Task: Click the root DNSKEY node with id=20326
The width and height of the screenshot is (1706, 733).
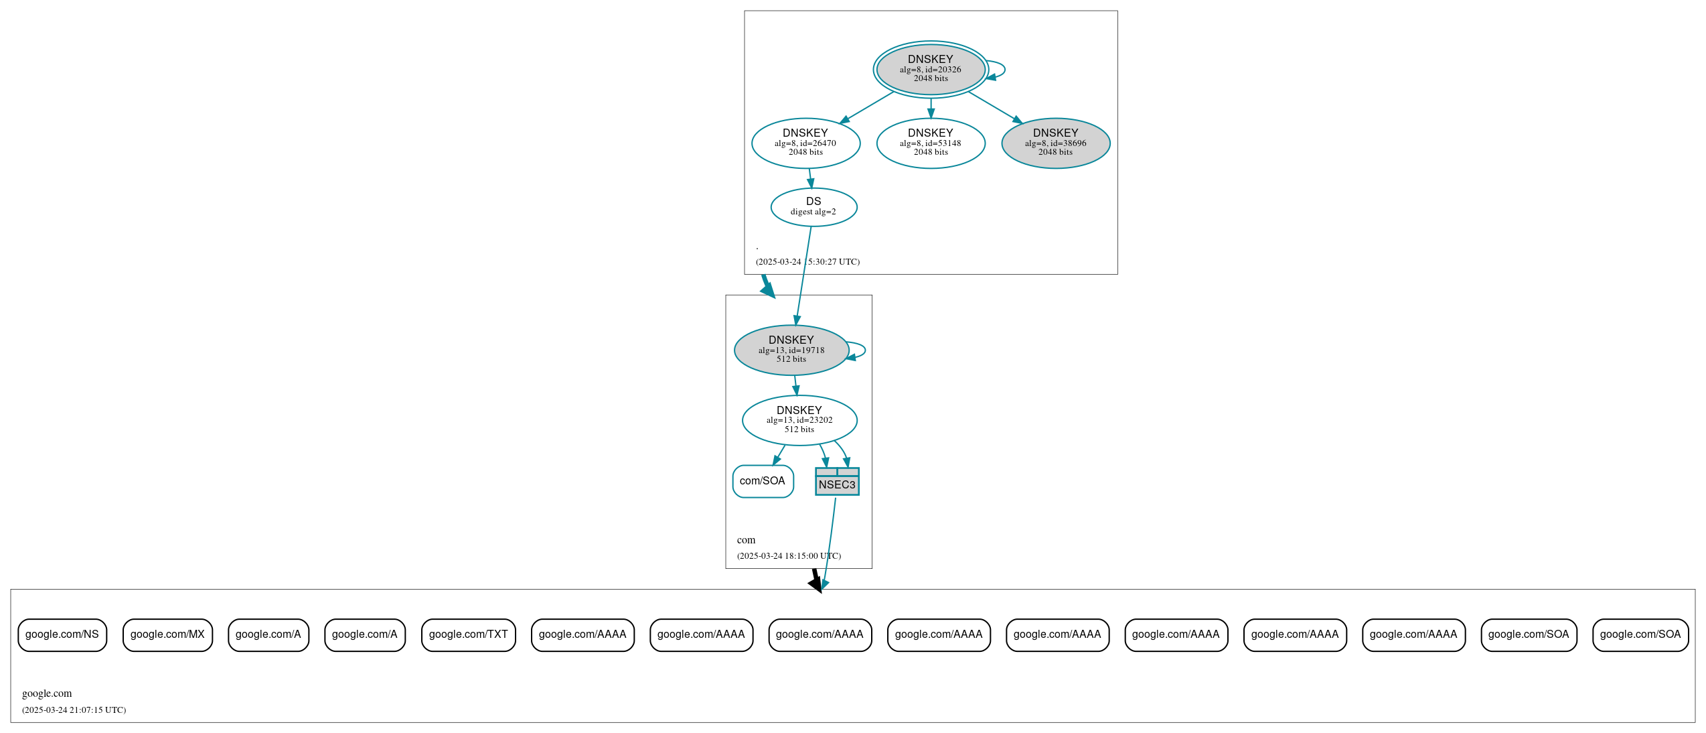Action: point(930,69)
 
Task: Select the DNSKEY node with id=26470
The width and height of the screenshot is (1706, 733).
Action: point(805,143)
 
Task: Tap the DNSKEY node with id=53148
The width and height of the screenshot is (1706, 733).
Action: point(930,143)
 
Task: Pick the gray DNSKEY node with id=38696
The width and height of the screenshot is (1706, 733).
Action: point(1055,143)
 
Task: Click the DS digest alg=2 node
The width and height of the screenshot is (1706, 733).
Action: point(813,206)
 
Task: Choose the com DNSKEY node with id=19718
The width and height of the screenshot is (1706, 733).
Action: point(791,350)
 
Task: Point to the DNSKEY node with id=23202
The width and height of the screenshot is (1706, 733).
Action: point(799,420)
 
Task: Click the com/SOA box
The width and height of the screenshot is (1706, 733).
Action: point(763,481)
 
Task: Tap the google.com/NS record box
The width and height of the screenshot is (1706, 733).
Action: point(62,635)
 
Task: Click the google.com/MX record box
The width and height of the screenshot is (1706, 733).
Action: point(167,635)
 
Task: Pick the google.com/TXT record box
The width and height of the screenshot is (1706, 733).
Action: point(468,635)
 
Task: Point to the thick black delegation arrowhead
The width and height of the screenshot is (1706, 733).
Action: point(816,584)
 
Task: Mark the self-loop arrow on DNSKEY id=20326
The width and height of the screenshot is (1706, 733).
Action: point(1000,70)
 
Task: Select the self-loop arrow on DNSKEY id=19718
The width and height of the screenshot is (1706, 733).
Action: point(860,350)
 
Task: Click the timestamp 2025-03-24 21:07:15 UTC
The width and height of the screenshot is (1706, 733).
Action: point(74,710)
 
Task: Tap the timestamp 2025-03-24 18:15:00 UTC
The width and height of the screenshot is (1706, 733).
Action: point(789,555)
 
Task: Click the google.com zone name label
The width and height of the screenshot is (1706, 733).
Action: point(47,693)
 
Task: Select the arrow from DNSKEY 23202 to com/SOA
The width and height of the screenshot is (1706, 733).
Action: point(779,455)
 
